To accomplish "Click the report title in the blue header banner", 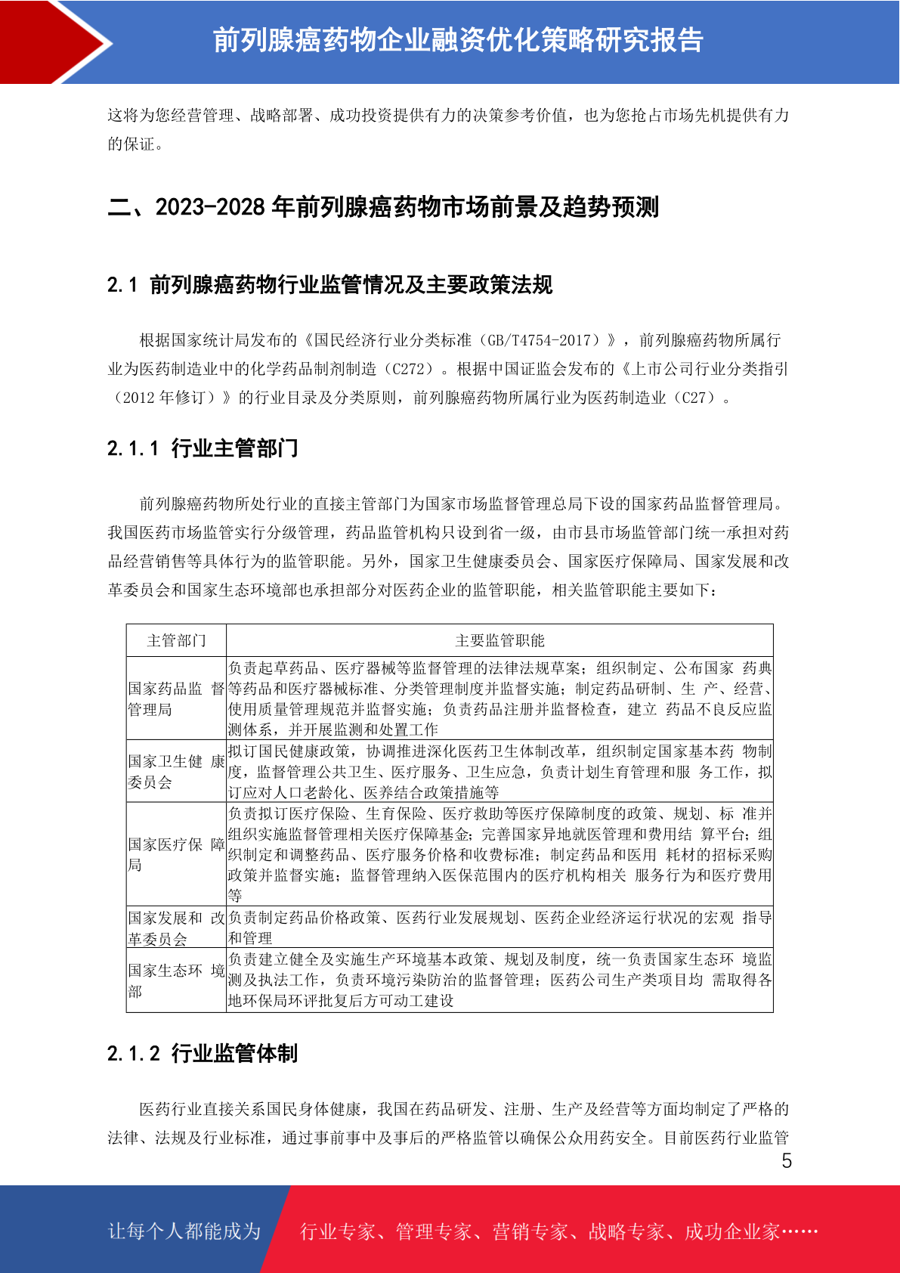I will tap(458, 40).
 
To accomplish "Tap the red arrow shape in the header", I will tap(53, 42).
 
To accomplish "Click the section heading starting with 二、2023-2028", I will tap(383, 207).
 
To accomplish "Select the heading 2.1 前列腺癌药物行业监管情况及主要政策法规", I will tap(329, 285).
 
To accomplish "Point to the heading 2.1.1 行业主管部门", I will tap(203, 448).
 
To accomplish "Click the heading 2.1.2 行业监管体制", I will tap(203, 1053).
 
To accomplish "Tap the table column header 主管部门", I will tap(176, 641).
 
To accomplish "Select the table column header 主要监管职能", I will tap(499, 641).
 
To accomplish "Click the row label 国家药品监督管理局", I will tap(176, 698).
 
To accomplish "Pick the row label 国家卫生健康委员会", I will tap(176, 771).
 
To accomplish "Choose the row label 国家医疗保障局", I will tap(176, 853).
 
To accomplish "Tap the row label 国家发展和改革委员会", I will tap(176, 928).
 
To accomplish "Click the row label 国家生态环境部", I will tap(176, 980).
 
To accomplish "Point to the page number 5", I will tap(787, 1161).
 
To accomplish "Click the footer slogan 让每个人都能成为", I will tap(184, 1231).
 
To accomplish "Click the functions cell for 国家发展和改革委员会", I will tap(499, 928).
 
